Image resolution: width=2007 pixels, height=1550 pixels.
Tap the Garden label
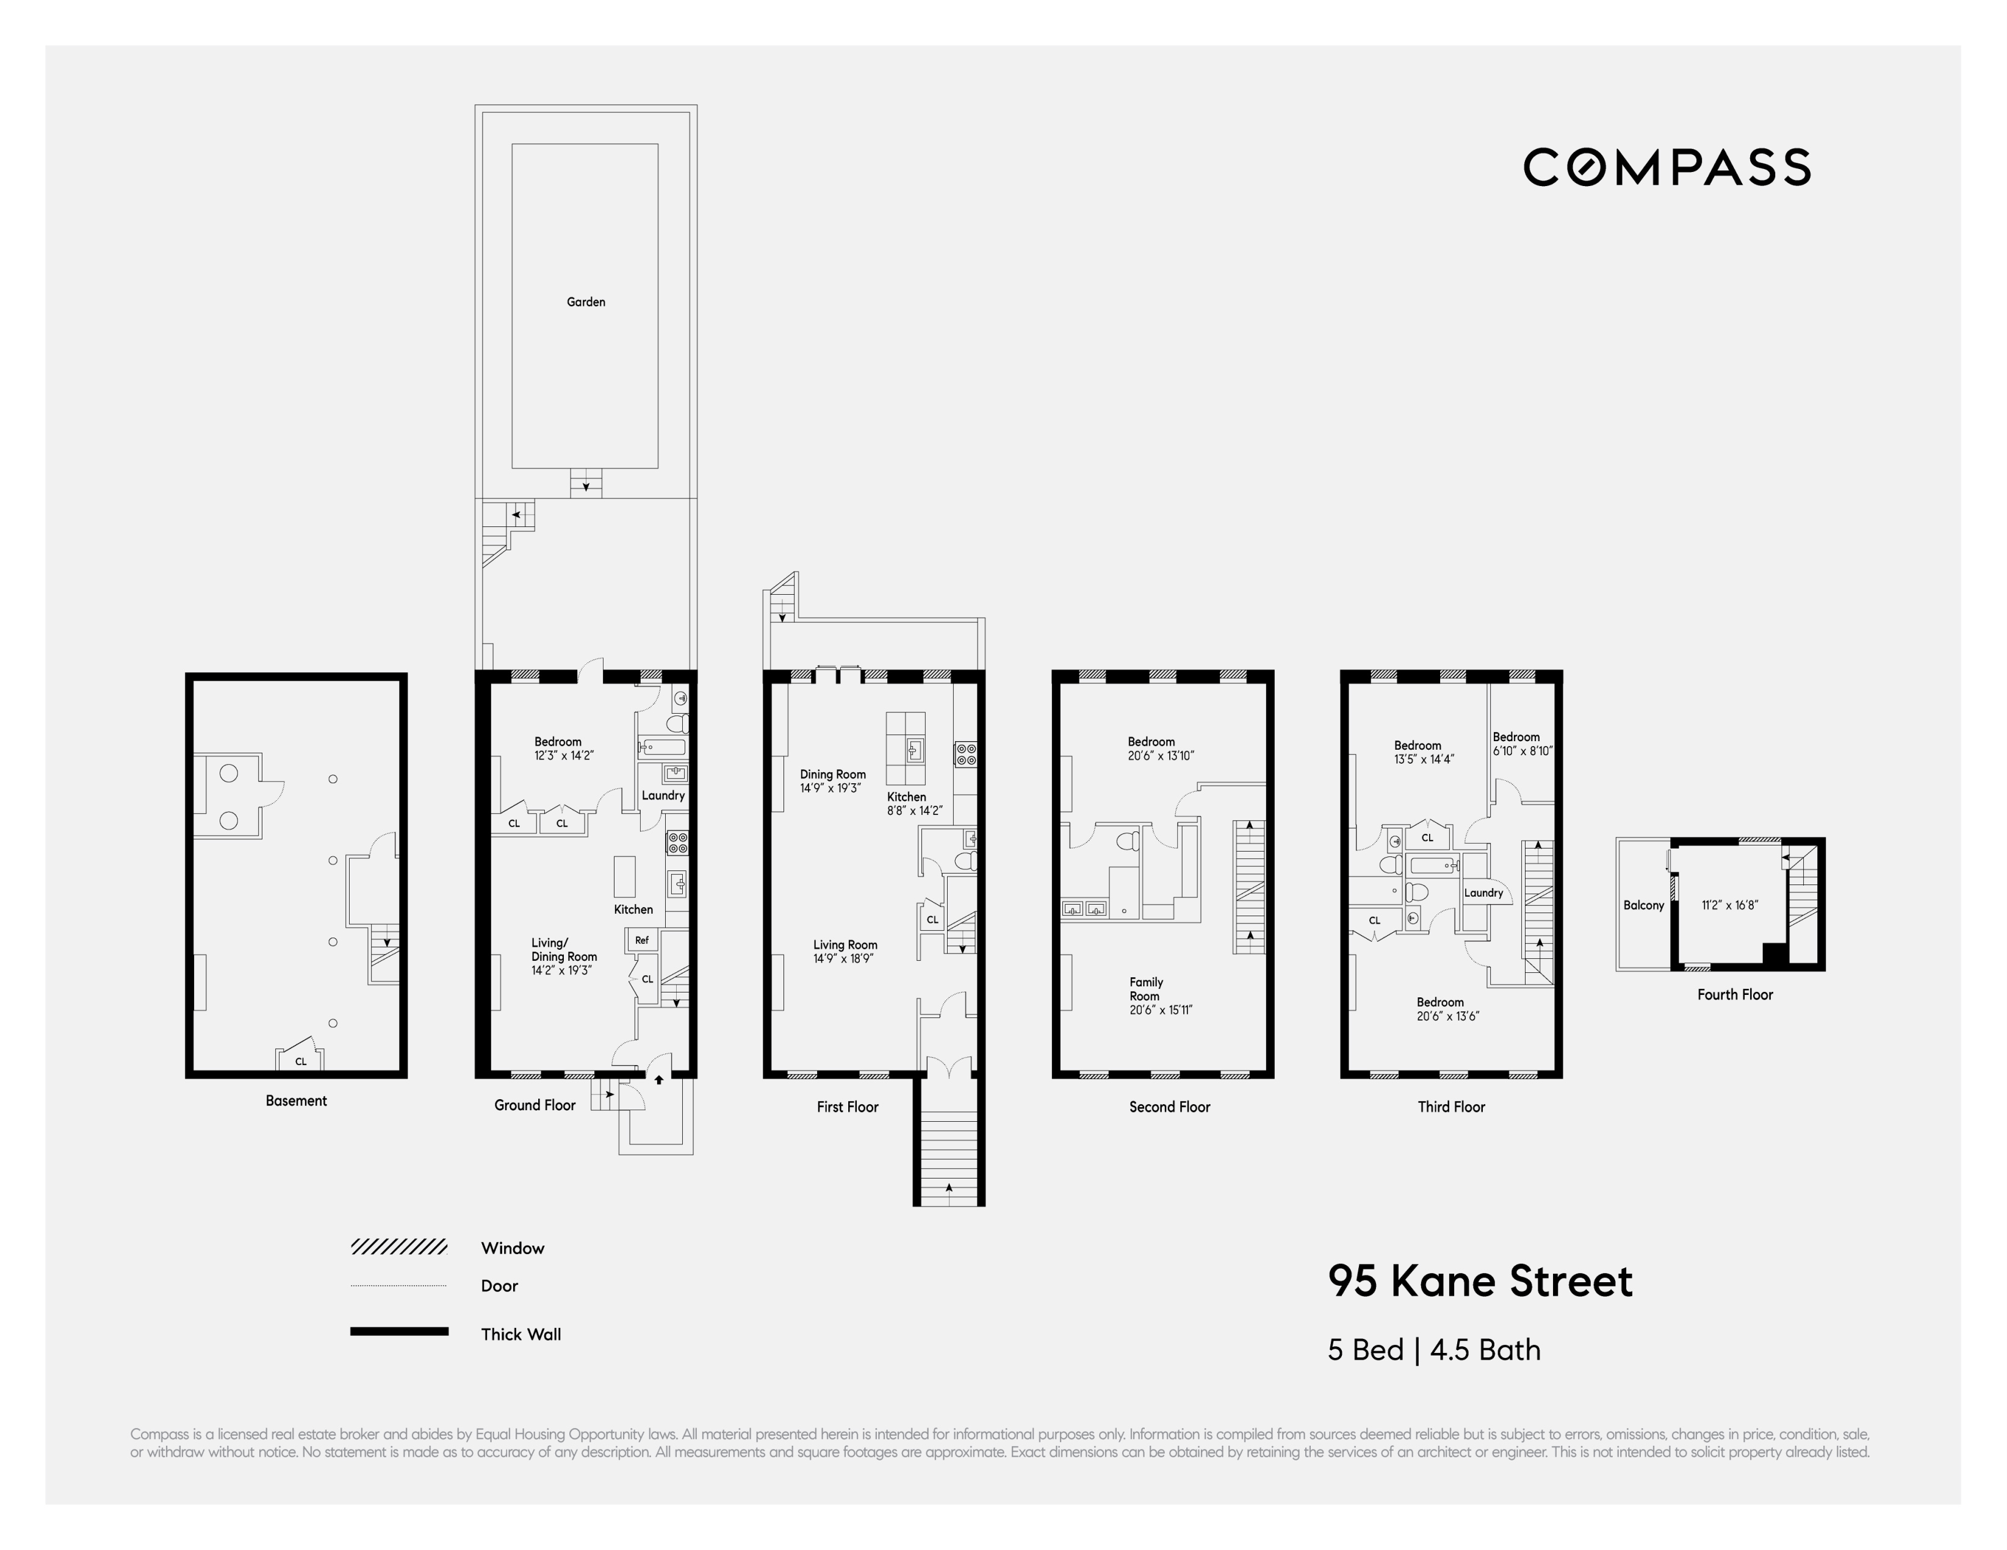coord(585,301)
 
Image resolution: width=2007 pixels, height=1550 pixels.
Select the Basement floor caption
coord(296,1100)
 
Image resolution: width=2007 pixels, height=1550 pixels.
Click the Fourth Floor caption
coord(1734,994)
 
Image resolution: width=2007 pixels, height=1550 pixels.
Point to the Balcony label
coord(1643,905)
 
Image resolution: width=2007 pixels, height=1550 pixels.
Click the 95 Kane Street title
coord(1480,1281)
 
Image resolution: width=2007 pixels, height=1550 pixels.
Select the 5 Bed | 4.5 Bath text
coord(1433,1350)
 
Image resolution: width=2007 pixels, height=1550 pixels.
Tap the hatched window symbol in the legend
coord(399,1247)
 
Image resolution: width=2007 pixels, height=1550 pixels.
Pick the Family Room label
coord(1146,989)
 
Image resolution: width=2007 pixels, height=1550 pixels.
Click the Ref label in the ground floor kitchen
coord(641,940)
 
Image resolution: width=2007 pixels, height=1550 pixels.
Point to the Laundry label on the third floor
coord(1483,893)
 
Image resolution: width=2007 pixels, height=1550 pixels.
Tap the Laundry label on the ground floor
coord(663,795)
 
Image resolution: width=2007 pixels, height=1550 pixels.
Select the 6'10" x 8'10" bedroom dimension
coord(1522,751)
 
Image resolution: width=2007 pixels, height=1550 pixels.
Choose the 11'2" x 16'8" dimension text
coord(1729,905)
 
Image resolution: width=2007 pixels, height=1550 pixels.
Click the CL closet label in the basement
coord(300,1061)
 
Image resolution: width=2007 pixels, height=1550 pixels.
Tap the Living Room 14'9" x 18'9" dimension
coord(843,959)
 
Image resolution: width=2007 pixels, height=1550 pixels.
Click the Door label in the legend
coord(499,1285)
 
